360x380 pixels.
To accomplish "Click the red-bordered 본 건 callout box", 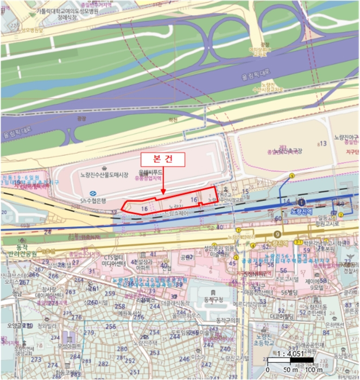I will point(163,159).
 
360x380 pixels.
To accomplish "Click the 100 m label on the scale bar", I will point(314,370).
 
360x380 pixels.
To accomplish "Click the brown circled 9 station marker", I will point(277,234).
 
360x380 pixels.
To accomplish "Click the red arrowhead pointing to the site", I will point(163,191).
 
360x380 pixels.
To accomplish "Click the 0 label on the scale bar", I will point(269,370).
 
